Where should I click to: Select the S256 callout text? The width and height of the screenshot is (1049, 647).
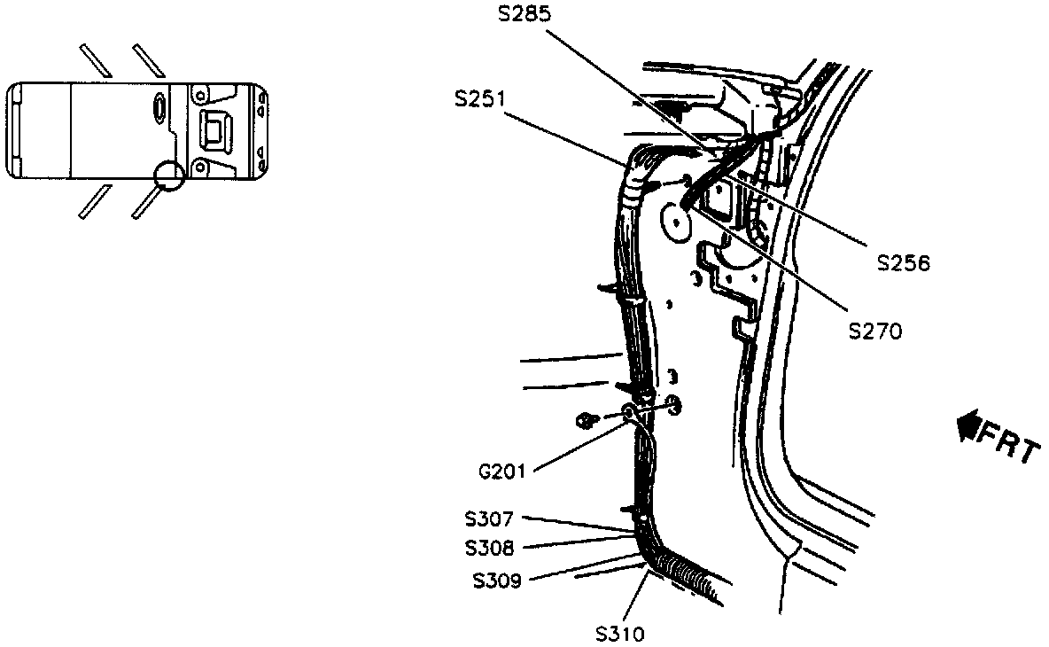(904, 263)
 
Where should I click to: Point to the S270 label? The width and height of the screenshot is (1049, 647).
(874, 331)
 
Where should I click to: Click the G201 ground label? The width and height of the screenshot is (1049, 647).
(501, 472)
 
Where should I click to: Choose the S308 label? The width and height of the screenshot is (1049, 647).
(489, 549)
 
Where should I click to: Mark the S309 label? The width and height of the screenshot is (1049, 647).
(496, 581)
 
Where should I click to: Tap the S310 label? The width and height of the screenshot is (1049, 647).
(620, 634)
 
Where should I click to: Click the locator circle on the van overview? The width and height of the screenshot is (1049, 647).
(167, 175)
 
